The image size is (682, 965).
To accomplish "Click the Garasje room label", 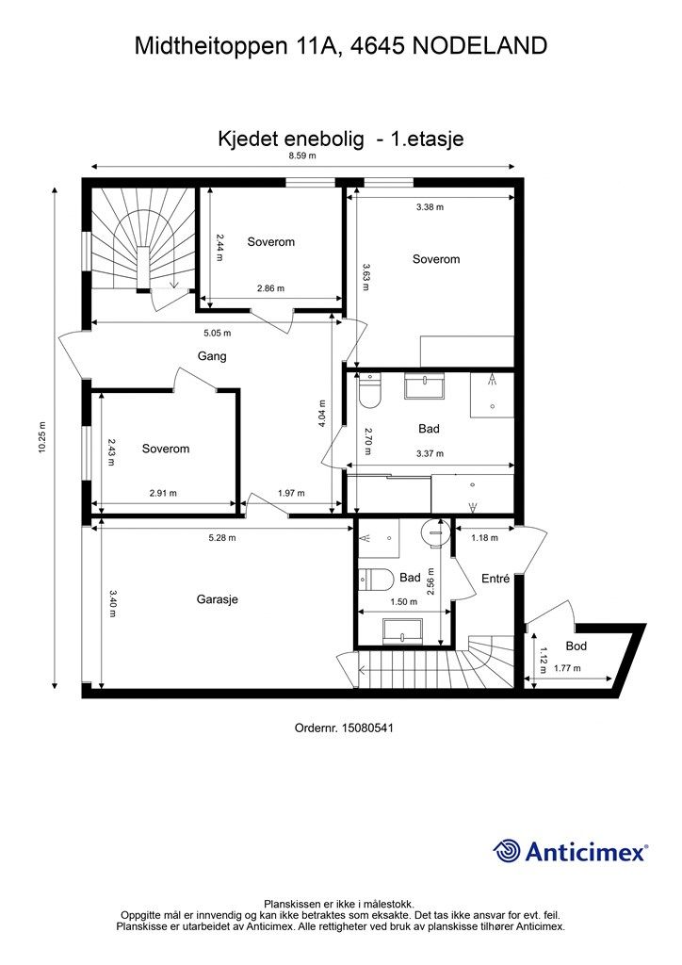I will tap(217, 599).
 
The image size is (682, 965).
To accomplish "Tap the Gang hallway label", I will tap(212, 356).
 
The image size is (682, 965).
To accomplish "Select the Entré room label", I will tap(495, 579).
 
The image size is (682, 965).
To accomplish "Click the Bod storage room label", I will tap(576, 646).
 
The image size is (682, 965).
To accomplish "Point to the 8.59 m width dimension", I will tap(301, 156).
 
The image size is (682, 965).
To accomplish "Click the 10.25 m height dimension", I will tap(43, 438).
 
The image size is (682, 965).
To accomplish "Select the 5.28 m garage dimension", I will tap(221, 538).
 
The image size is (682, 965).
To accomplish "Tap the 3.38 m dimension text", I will tap(430, 206).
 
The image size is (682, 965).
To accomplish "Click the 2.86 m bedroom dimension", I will tap(270, 289).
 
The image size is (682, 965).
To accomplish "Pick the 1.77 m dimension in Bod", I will tap(567, 668).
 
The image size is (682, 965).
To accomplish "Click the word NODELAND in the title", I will tap(479, 44).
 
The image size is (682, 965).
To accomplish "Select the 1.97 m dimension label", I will tap(292, 493).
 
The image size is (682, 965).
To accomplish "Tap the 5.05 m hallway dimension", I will tap(217, 333).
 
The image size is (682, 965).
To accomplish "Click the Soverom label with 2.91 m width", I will tap(166, 449).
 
